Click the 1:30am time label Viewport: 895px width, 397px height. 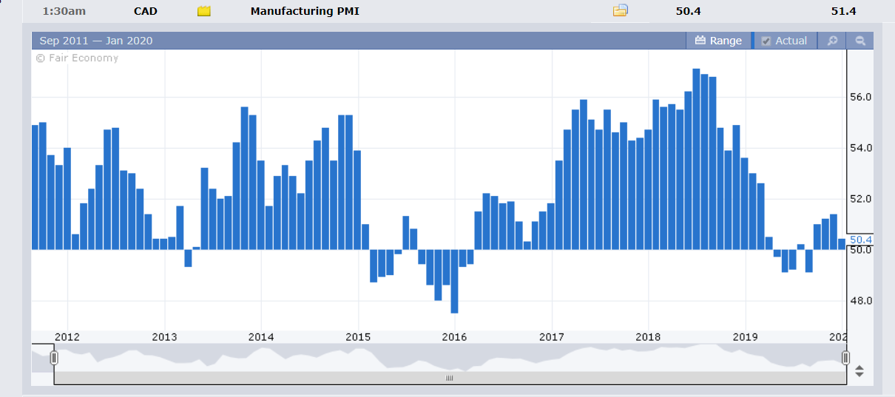click(x=64, y=11)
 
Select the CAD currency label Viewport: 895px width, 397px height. click(x=146, y=11)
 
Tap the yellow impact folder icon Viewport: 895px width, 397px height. click(x=203, y=11)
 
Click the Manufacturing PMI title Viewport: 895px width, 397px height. click(x=305, y=11)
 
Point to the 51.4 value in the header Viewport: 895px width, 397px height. click(x=843, y=11)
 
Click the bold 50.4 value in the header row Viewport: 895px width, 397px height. click(x=688, y=11)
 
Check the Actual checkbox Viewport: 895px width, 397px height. click(x=766, y=41)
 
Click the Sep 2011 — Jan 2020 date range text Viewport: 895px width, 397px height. click(x=96, y=41)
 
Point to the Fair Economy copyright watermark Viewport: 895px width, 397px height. click(x=77, y=58)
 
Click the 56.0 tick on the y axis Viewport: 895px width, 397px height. click(x=861, y=97)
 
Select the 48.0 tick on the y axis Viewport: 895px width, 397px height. click(x=861, y=301)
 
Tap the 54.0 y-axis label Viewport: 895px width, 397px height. click(x=861, y=148)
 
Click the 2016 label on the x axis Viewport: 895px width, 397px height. click(x=454, y=338)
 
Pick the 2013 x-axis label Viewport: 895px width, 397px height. click(x=164, y=338)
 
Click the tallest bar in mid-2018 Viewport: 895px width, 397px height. click(x=696, y=159)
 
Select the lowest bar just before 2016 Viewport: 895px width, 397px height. click(x=454, y=281)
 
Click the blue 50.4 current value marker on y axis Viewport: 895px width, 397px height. click(x=861, y=240)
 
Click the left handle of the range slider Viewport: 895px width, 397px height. click(x=54, y=358)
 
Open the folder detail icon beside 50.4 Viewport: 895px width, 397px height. click(x=621, y=10)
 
